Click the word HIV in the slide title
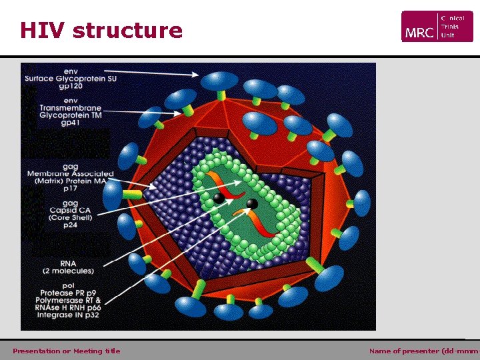tap(43, 31)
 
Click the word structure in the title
tap(127, 31)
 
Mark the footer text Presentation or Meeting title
tap(67, 351)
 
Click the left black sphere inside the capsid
tap(219, 198)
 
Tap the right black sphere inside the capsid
tap(252, 203)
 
